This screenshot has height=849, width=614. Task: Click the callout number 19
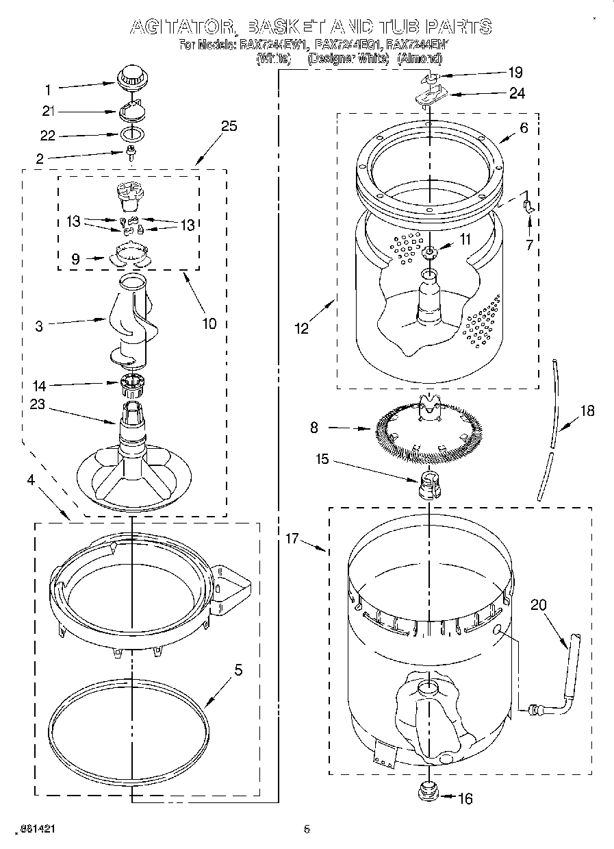click(514, 71)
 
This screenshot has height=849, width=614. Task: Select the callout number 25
click(229, 125)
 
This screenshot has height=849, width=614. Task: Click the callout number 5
click(238, 670)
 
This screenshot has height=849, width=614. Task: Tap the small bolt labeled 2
click(129, 155)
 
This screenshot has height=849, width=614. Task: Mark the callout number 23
click(37, 404)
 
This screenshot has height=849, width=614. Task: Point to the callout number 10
click(209, 323)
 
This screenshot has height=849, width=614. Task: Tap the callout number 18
click(587, 410)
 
